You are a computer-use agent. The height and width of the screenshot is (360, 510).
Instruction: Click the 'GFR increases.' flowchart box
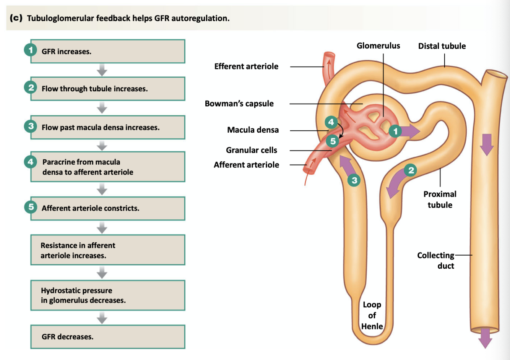click(107, 52)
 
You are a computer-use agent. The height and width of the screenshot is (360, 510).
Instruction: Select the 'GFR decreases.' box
click(107, 337)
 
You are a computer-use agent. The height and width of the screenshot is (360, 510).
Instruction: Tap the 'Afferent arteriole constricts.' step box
click(107, 208)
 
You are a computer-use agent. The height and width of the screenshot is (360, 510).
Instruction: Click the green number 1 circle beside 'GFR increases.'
click(31, 50)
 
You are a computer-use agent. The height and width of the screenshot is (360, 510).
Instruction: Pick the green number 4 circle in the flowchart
click(31, 162)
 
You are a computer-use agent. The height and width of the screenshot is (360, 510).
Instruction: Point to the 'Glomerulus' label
click(378, 46)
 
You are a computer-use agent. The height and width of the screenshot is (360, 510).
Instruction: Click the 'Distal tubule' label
click(442, 46)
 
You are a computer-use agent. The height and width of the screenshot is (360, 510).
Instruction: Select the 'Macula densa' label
click(253, 130)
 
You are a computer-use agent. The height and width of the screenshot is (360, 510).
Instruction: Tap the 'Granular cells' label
click(251, 150)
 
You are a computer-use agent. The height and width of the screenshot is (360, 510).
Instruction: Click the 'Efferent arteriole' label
click(246, 66)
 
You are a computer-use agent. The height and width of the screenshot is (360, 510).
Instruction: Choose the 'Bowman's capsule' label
click(239, 104)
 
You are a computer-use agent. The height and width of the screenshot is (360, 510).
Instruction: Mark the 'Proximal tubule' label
click(440, 199)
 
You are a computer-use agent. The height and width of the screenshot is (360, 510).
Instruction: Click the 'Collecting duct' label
click(436, 260)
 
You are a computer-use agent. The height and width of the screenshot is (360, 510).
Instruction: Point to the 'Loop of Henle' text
click(372, 315)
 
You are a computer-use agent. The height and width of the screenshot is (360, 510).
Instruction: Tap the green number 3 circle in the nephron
click(354, 180)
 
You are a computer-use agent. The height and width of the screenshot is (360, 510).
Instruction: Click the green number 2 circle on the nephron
click(411, 170)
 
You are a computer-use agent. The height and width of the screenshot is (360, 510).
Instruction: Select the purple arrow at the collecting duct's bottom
click(485, 337)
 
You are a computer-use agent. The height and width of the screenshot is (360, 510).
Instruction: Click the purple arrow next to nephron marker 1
click(411, 131)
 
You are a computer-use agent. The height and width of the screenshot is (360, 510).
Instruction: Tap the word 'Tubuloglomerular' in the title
click(60, 18)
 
